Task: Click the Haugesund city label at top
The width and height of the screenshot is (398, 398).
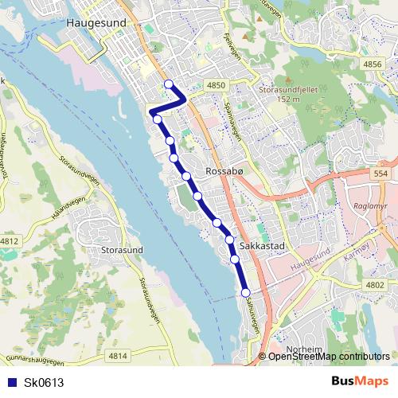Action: click(97, 24)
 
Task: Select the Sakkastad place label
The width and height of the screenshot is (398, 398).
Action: click(262, 248)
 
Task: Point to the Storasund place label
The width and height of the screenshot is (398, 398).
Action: click(123, 249)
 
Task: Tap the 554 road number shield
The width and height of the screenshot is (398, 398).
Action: click(380, 174)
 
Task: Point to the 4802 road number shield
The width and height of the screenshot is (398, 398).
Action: click(373, 284)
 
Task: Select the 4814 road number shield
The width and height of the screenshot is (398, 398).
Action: click(118, 356)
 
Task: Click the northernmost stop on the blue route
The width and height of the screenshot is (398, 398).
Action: click(168, 84)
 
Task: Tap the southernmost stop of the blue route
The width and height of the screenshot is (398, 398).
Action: click(245, 292)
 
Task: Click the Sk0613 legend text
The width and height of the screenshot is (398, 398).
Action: click(44, 383)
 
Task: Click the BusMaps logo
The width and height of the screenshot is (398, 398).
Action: click(360, 382)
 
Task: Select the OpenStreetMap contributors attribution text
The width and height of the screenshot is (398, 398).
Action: click(329, 357)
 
